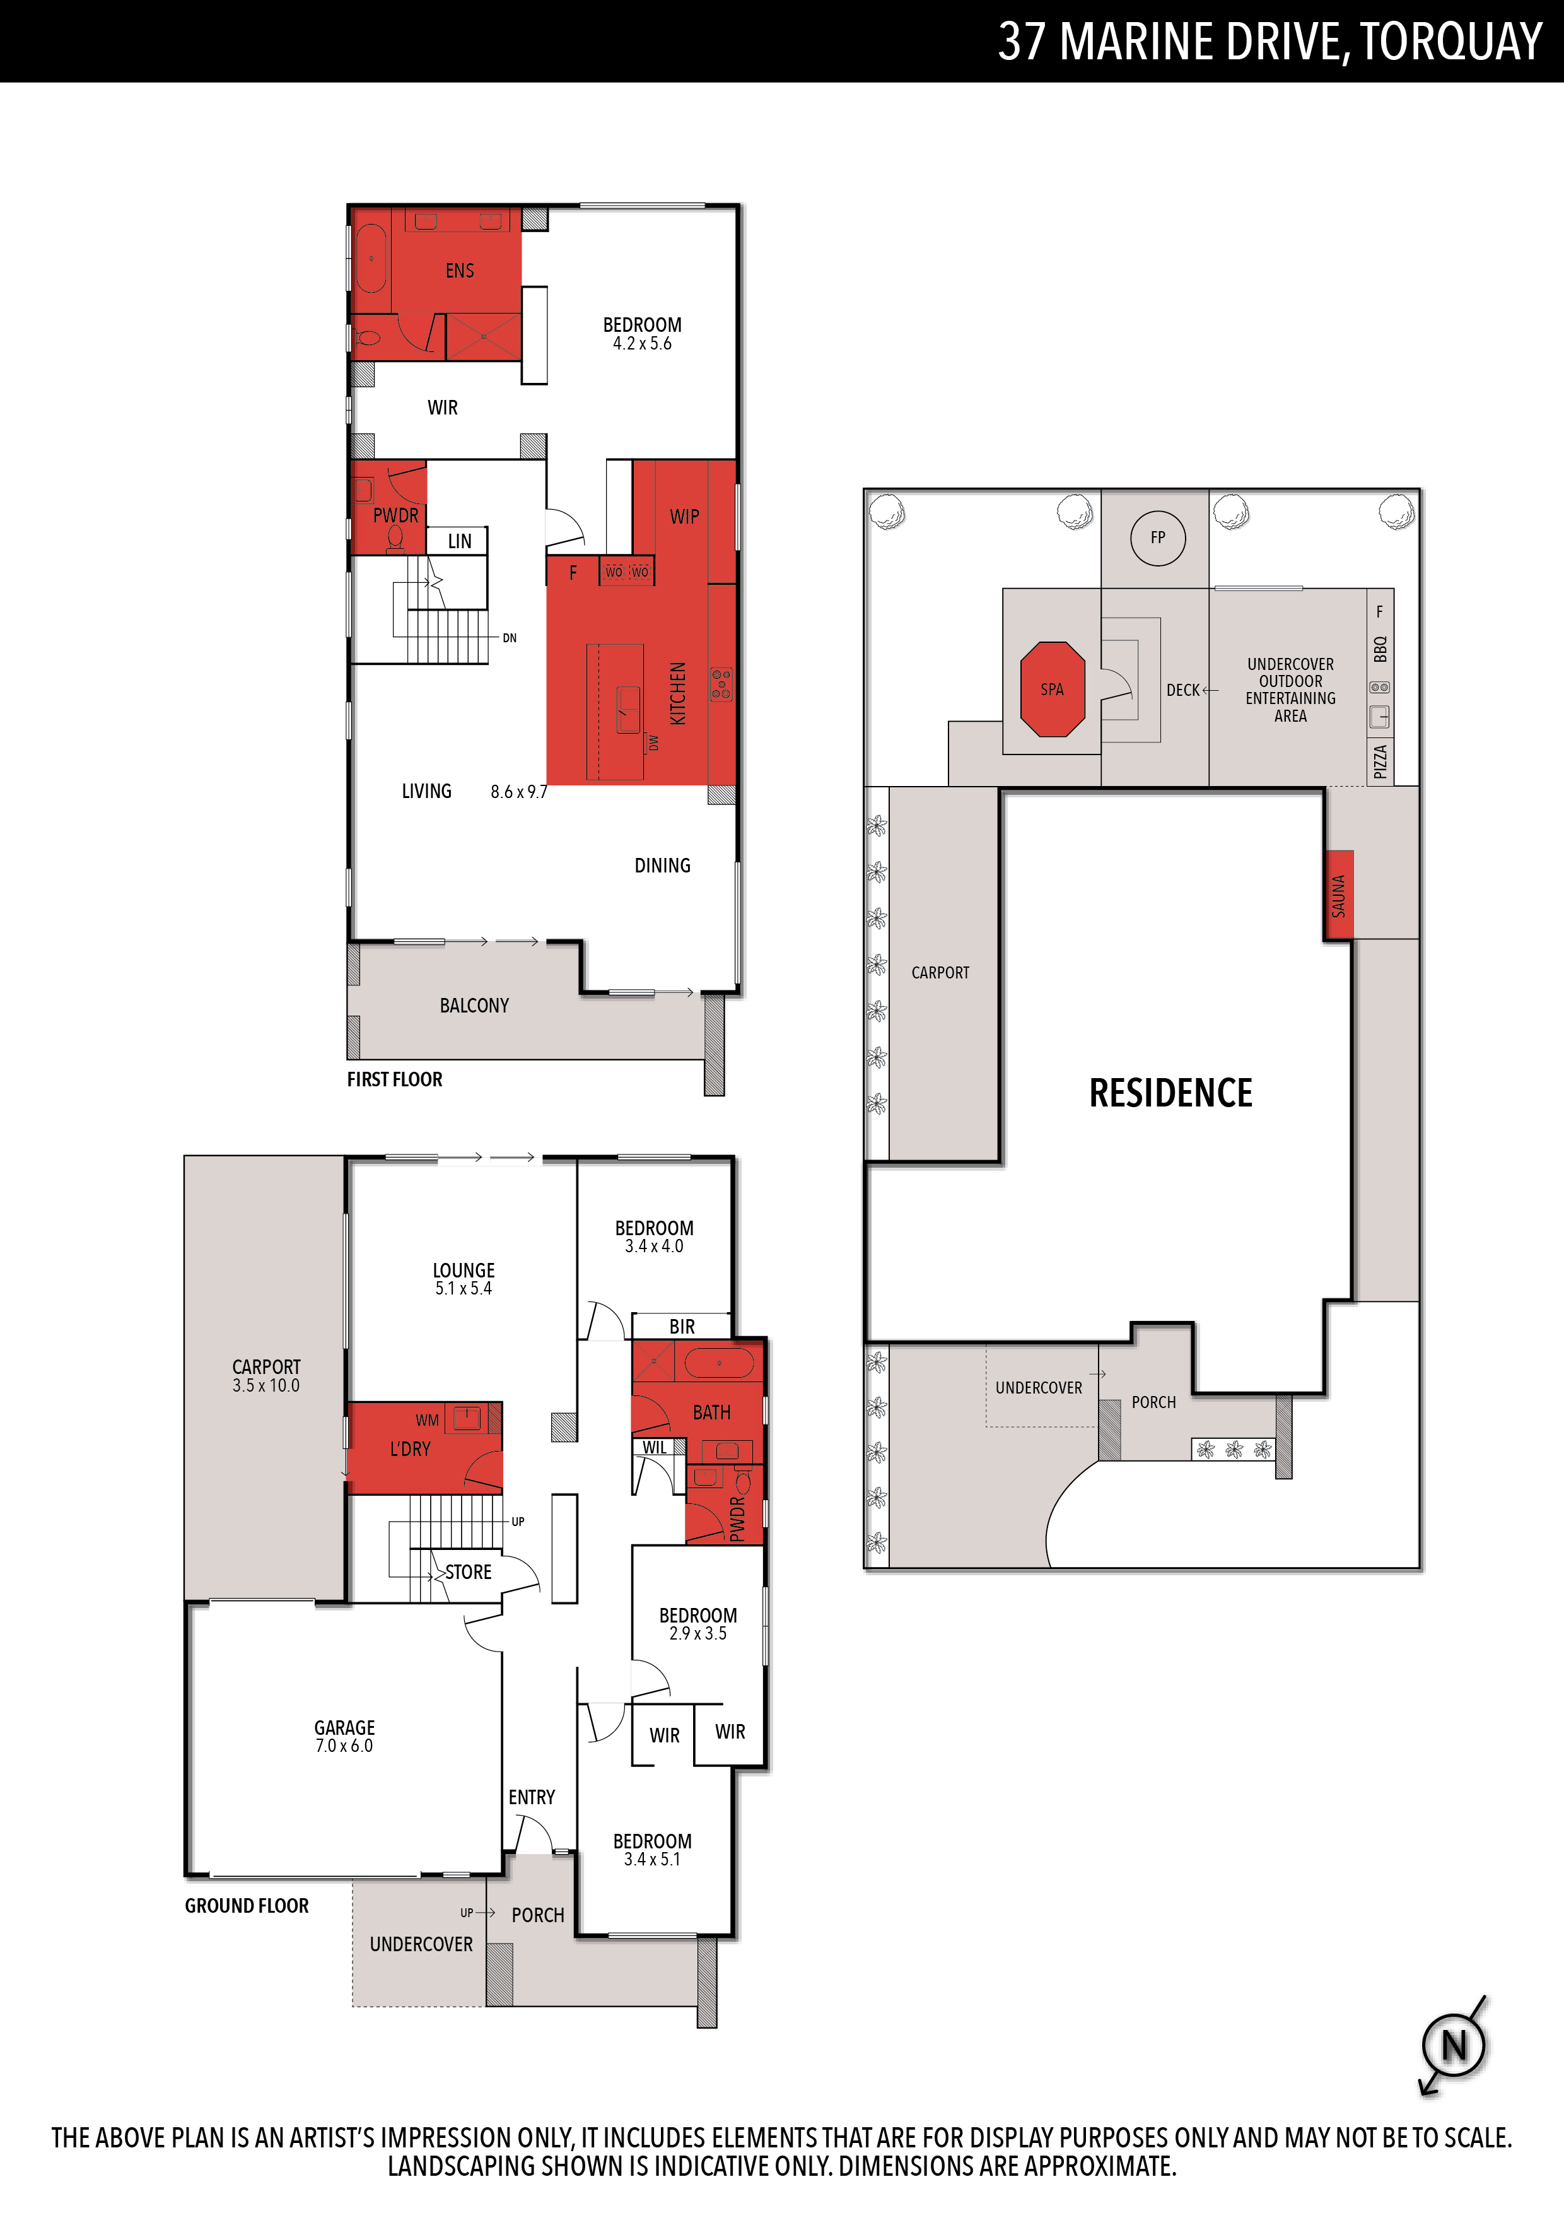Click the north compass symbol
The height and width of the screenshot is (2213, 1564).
[x=1454, y=2045]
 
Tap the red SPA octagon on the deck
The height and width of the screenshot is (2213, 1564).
[x=1053, y=689]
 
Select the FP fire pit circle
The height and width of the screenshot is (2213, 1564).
[x=1157, y=538]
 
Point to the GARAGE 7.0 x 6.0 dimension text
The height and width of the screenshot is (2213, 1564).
[x=344, y=1746]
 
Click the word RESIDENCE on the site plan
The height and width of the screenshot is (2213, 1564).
[x=1171, y=1093]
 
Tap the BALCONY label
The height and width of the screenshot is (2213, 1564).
[x=474, y=1006]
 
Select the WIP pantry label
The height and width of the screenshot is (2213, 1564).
[x=684, y=517]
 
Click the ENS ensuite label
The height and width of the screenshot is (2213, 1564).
[x=460, y=271]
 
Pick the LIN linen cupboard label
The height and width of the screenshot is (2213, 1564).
[x=460, y=542]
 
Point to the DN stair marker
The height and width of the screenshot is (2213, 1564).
[x=510, y=638]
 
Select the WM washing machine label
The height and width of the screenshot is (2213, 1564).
[x=427, y=1420]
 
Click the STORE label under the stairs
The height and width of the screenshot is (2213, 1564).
[x=469, y=1572]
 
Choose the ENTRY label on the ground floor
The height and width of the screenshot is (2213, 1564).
[x=532, y=1797]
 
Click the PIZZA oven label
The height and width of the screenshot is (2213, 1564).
[x=1380, y=761]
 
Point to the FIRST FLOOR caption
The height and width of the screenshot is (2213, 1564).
[x=394, y=1079]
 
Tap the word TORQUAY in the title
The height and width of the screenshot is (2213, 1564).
[x=1452, y=42]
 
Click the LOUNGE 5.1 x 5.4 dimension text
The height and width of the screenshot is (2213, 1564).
[x=464, y=1289]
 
